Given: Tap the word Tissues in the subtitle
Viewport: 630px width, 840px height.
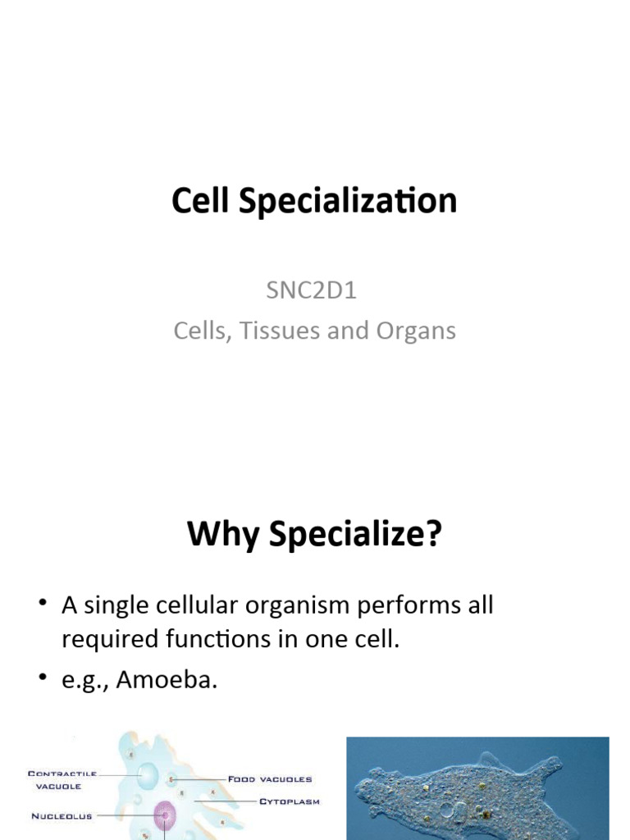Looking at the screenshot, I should coord(279,331).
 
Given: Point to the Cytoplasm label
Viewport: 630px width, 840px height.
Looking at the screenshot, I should coord(290,801).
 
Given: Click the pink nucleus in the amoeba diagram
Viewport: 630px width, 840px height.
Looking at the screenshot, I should coord(165,815).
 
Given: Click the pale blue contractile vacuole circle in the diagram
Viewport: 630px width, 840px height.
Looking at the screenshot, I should coord(148,775).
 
